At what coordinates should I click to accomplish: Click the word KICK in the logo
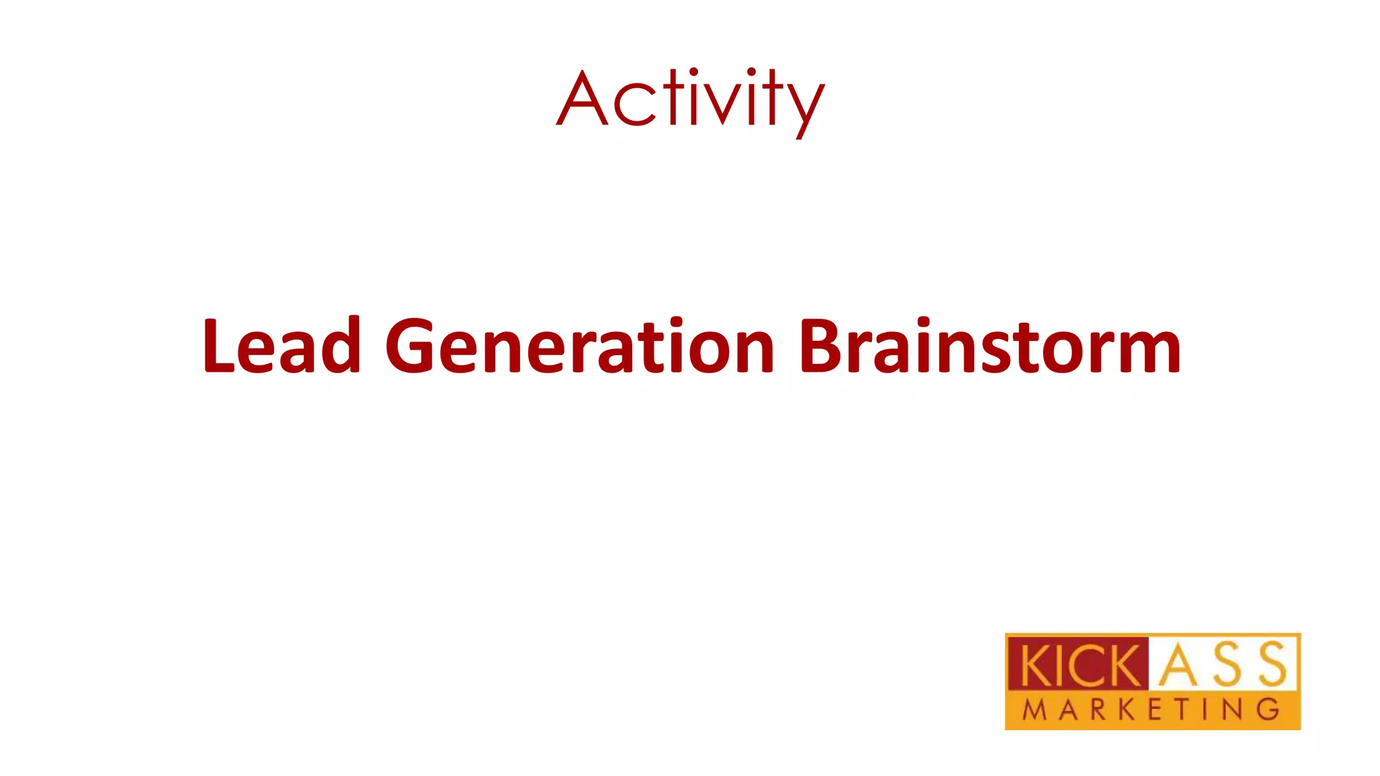[x=1077, y=666]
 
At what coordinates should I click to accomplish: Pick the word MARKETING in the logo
[x=1151, y=710]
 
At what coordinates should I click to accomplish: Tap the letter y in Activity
[x=803, y=108]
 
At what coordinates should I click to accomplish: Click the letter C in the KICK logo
[x=1081, y=666]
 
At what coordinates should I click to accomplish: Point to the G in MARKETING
[x=1269, y=710]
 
